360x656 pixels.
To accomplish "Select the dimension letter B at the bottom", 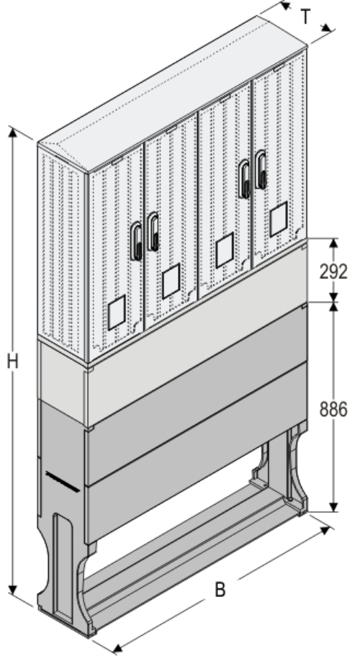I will tap(220, 589).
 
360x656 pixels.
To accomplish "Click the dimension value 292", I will tap(333, 271).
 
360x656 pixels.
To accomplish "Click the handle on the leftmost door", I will tap(136, 241).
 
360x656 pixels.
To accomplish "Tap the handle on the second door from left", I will tap(153, 231).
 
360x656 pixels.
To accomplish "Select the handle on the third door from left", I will tap(245, 179).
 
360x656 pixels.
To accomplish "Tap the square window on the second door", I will tap(171, 282).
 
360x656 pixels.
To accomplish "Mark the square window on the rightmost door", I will tap(279, 219).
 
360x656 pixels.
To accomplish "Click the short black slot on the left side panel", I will tap(63, 481).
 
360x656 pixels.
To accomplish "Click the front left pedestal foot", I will tap(68, 576).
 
